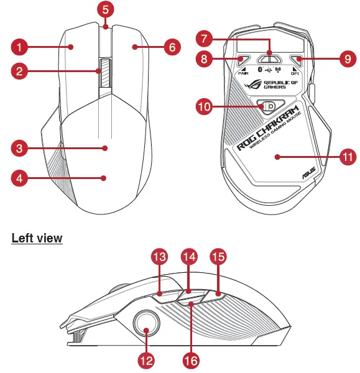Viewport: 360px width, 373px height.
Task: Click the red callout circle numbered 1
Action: pyautogui.click(x=21, y=47)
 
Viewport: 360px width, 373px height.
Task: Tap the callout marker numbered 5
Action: pyautogui.click(x=106, y=10)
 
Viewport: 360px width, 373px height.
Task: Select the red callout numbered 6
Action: pyautogui.click(x=172, y=47)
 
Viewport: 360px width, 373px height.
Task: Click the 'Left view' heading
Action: pyautogui.click(x=37, y=238)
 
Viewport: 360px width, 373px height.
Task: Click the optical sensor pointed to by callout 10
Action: pyautogui.click(x=270, y=106)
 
